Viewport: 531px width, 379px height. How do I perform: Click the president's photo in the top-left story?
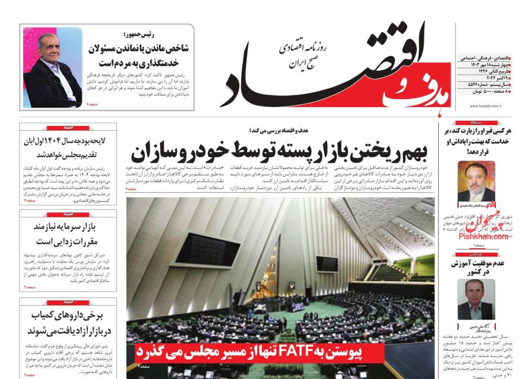click(x=53, y=68)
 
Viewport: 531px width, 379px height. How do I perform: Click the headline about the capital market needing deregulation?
click(x=68, y=234)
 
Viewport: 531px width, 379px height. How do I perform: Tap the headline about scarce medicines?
click(x=68, y=323)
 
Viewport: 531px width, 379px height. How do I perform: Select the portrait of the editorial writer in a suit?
click(x=476, y=181)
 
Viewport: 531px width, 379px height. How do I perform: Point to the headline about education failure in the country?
click(x=477, y=267)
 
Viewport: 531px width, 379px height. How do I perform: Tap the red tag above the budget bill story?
click(x=68, y=127)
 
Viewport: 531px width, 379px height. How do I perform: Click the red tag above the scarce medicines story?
click(x=68, y=302)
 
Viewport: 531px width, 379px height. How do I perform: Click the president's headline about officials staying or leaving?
click(x=138, y=56)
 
